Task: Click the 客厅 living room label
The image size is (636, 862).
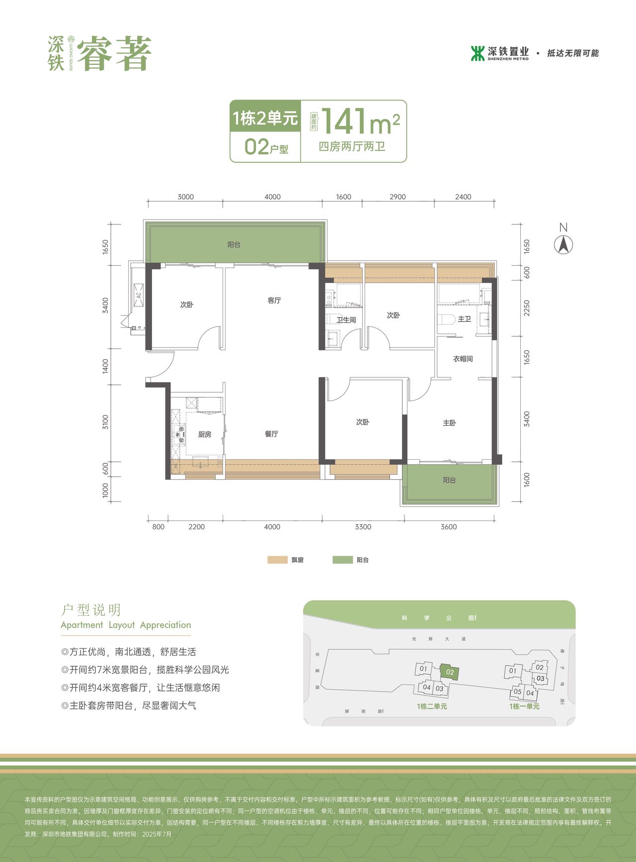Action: tap(274, 300)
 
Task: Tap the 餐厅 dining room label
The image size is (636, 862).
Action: tap(271, 434)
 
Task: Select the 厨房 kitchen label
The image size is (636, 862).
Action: tap(205, 434)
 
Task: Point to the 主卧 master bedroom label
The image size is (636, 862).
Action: tap(449, 423)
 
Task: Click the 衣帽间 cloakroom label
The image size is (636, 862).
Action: tap(463, 359)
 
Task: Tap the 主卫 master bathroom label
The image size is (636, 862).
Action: tap(464, 319)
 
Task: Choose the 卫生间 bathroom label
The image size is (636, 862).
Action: tap(346, 320)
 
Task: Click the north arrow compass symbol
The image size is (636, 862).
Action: tap(563, 244)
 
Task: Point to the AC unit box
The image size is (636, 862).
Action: tap(139, 294)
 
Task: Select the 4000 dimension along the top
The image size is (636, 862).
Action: tap(272, 197)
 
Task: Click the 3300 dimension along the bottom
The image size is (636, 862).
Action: tap(363, 527)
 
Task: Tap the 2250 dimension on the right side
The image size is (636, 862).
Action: tap(527, 308)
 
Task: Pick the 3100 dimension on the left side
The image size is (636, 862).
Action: tap(105, 422)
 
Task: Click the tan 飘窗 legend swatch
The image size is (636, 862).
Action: tap(277, 560)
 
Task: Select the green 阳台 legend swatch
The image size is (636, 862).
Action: tap(342, 560)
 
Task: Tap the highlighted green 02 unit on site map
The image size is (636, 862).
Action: tap(450, 672)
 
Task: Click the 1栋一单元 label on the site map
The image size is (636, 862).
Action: tap(524, 707)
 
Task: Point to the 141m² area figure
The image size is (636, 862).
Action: tap(360, 122)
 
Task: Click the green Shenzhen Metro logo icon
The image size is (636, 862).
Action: tap(477, 53)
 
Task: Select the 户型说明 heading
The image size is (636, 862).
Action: tap(91, 610)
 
